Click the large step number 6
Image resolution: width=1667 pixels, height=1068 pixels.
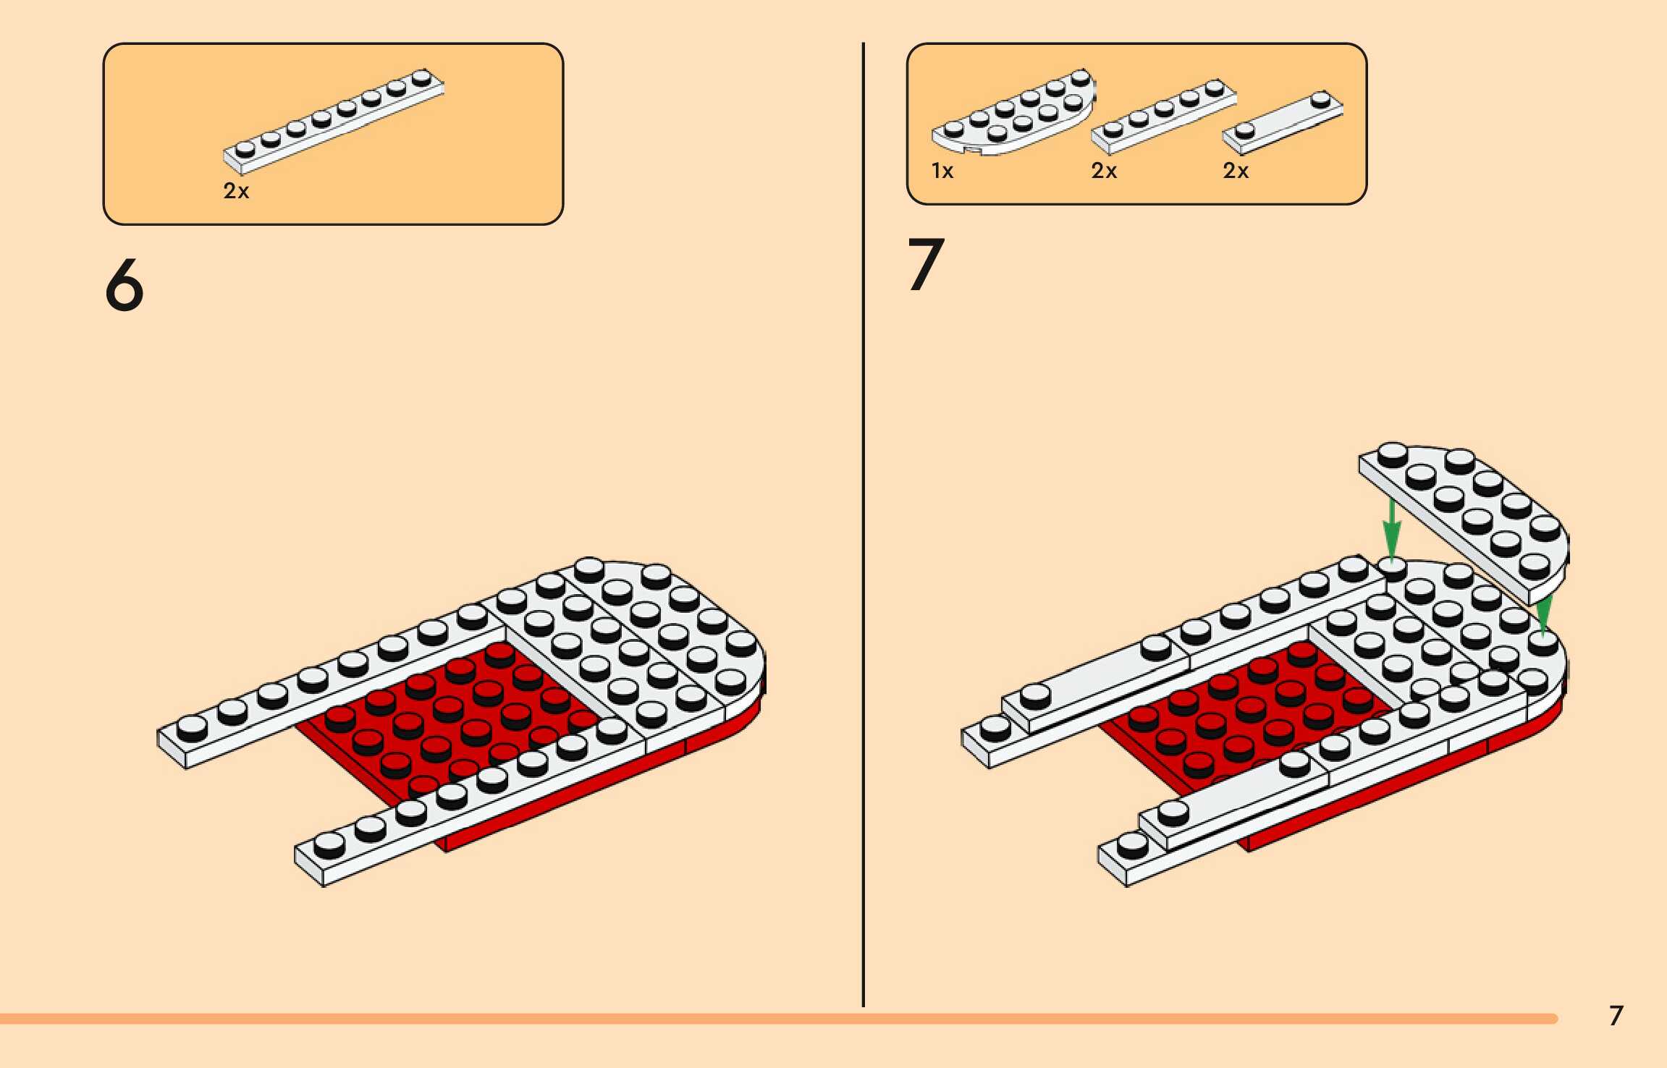pyautogui.click(x=125, y=286)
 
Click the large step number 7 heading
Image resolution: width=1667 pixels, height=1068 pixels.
pyautogui.click(x=926, y=265)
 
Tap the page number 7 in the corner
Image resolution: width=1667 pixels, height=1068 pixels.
pyautogui.click(x=1616, y=1016)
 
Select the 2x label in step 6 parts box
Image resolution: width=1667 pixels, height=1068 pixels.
pyautogui.click(x=236, y=191)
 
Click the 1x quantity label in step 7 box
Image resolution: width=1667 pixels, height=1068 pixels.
pyautogui.click(x=942, y=171)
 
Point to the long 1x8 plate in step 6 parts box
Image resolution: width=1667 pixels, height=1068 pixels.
pyautogui.click(x=334, y=122)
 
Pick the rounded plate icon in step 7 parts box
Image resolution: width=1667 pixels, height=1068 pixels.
pyautogui.click(x=1013, y=114)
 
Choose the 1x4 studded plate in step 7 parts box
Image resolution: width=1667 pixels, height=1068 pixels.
pyautogui.click(x=1163, y=116)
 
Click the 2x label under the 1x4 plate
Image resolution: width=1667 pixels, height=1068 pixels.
pyautogui.click(x=1104, y=171)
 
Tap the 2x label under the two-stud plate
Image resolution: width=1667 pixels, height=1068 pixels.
pyautogui.click(x=1236, y=171)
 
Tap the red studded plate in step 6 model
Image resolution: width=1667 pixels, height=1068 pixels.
pyautogui.click(x=449, y=716)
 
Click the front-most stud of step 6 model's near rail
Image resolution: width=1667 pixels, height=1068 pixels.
pyautogui.click(x=329, y=844)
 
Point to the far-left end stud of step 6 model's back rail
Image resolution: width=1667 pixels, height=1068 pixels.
pyautogui.click(x=192, y=726)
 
